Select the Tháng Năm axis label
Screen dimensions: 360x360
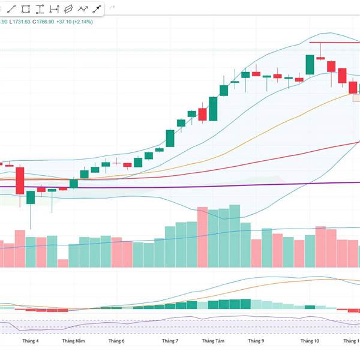(73, 341)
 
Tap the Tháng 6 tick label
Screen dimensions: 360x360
(116, 341)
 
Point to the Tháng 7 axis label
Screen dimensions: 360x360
(170, 341)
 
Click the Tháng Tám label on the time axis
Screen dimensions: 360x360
(213, 341)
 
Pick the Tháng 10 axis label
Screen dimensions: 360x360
(310, 341)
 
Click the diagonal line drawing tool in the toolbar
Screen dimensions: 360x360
(12, 9)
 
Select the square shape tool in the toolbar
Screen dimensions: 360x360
(26, 9)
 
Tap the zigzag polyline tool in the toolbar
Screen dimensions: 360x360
(82, 9)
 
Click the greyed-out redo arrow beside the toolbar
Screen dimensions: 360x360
(113, 9)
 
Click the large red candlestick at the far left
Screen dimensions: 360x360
(20, 180)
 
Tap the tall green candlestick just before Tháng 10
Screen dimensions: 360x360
(310, 65)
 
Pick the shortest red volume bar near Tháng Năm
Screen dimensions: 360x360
(62, 263)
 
